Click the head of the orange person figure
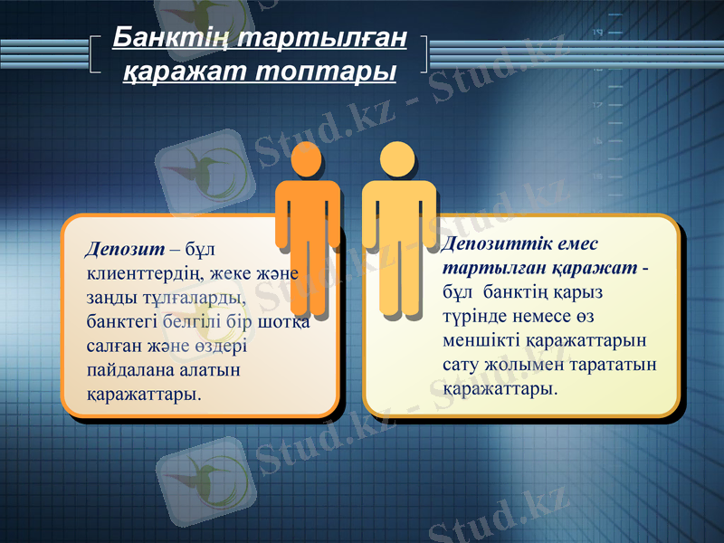point(307,159)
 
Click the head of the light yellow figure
point(397,159)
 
